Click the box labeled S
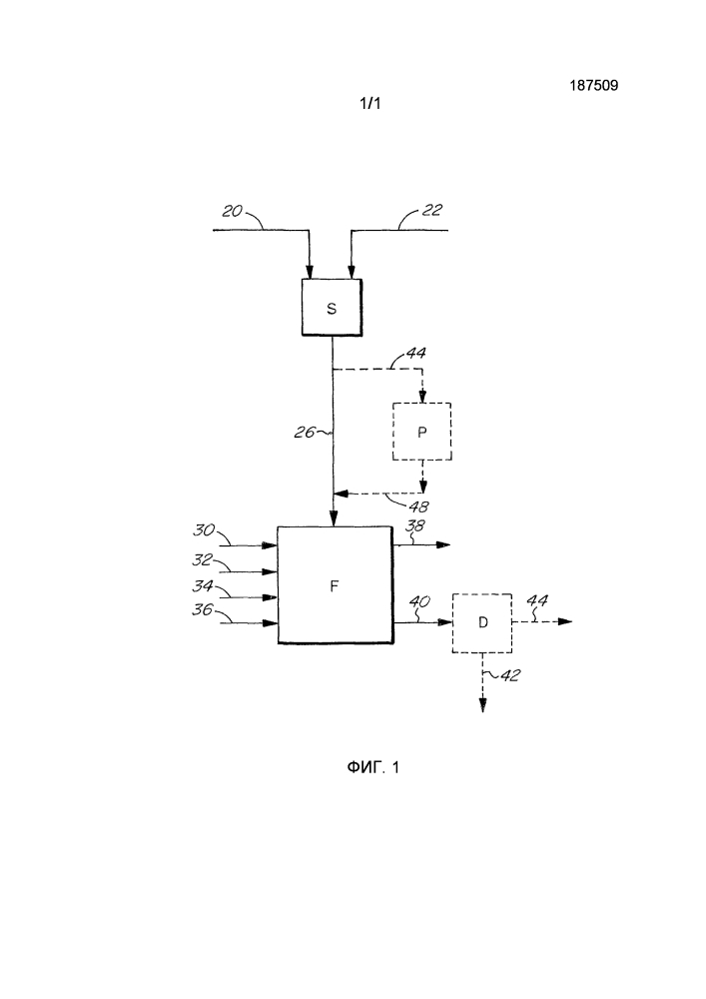pos(332,308)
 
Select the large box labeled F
pos(334,584)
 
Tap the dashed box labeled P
pos(421,431)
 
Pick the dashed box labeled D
pos(482,621)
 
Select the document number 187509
pos(592,86)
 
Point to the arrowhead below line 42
pos(482,704)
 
